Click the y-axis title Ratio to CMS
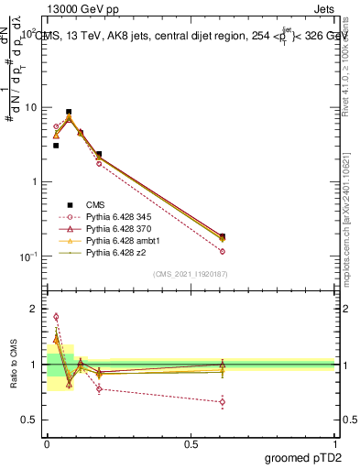point(14,364)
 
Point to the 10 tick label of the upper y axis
point(30,107)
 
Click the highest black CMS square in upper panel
point(69,112)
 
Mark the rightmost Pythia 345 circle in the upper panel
point(223,251)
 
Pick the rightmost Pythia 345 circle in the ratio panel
point(223,401)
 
